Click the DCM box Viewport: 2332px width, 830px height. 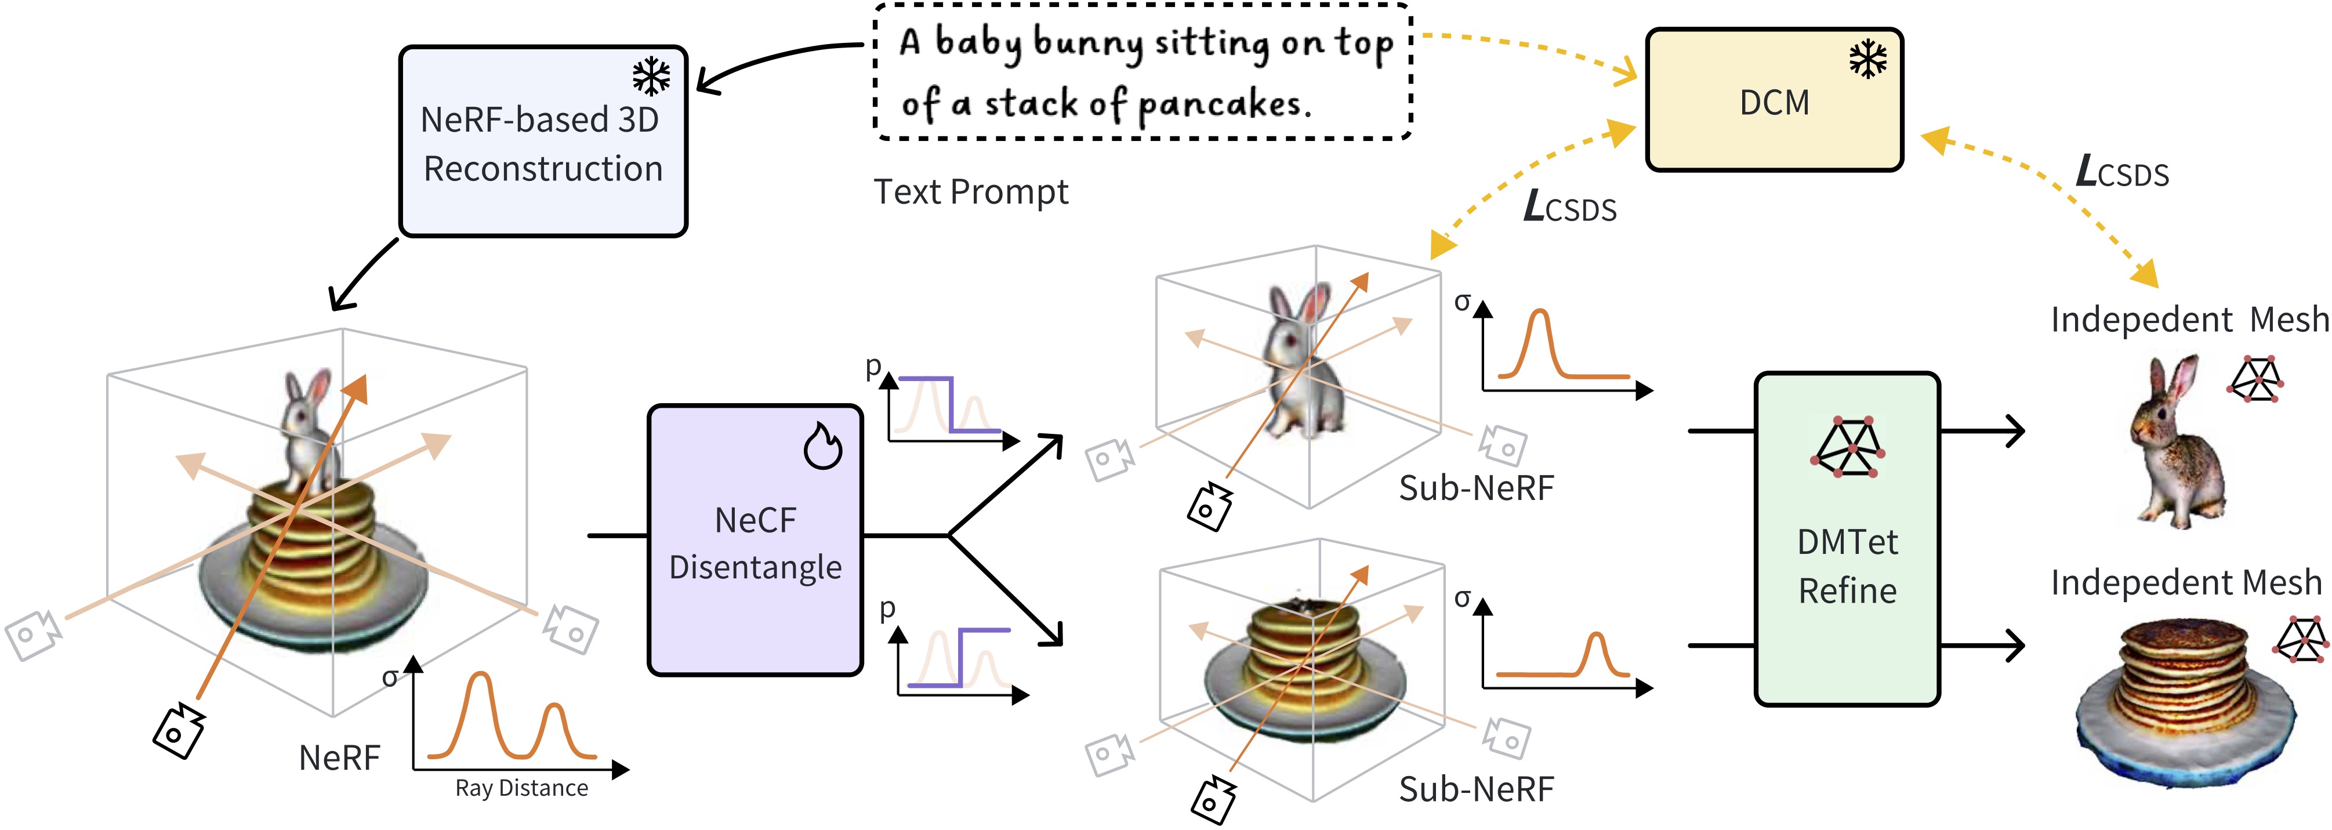tap(1774, 100)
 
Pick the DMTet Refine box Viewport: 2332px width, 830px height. tap(1847, 539)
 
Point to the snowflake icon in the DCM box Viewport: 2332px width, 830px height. tap(1867, 60)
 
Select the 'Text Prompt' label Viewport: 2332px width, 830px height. tap(970, 192)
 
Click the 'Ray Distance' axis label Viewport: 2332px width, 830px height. tap(521, 788)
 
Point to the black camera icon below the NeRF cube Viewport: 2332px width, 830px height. tap(179, 730)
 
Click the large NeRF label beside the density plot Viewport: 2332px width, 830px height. tap(339, 757)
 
